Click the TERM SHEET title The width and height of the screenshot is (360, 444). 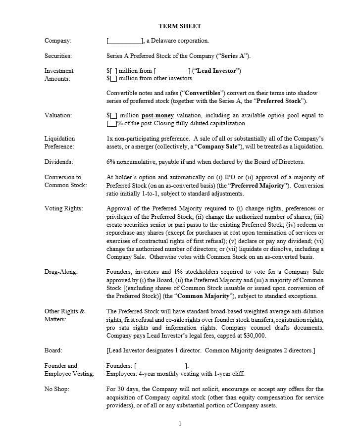(180, 26)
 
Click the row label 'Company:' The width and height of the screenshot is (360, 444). (58, 41)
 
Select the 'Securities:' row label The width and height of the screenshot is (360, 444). (58, 56)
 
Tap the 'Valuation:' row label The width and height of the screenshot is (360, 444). (58, 115)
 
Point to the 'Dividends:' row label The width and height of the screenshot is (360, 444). (58, 162)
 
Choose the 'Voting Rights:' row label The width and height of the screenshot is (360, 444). (63, 208)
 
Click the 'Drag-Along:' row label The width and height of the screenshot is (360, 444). (61, 272)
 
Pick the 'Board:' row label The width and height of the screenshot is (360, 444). (53, 350)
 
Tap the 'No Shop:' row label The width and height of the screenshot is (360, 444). (57, 389)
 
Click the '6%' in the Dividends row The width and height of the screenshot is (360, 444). (111, 162)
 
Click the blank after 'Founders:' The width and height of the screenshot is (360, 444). (160, 366)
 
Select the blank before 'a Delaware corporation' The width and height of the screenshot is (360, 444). (124, 41)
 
